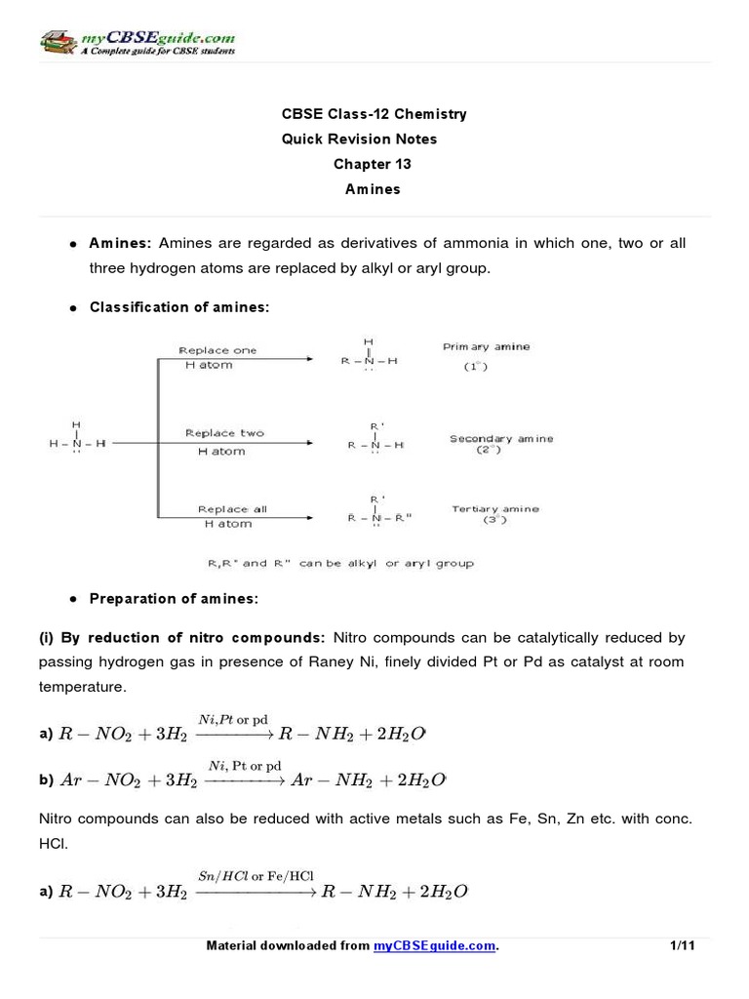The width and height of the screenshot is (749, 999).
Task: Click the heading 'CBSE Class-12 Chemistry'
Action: (374, 114)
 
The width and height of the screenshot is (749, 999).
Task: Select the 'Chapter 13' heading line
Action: (373, 164)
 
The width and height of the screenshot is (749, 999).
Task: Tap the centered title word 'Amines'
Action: (373, 189)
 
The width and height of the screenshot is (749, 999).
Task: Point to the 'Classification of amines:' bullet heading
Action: (178, 307)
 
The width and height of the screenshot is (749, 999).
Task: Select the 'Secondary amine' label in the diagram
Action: (500, 439)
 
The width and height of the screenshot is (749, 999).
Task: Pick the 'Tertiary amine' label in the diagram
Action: (494, 509)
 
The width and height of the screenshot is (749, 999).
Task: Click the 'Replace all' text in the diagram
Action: (231, 509)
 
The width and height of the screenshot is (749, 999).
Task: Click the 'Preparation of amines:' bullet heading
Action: (174, 598)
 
